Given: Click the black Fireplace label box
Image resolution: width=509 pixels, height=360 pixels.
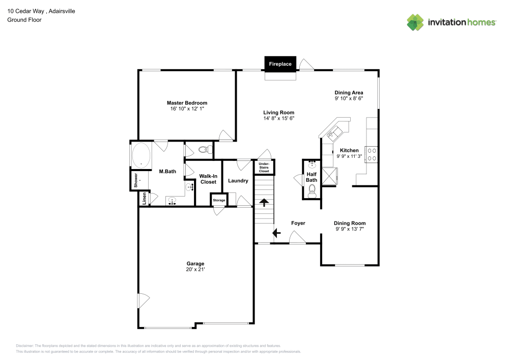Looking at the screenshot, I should click(x=280, y=64).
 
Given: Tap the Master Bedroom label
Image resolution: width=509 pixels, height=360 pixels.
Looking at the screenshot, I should click(x=187, y=103).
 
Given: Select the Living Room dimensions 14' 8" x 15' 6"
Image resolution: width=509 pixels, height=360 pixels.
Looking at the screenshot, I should click(x=278, y=118).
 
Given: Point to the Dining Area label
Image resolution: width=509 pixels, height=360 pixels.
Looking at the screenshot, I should click(x=349, y=92).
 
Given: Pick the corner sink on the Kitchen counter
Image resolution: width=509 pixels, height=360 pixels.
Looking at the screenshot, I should click(x=331, y=133).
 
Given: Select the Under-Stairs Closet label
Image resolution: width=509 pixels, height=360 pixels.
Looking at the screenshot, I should click(x=264, y=167).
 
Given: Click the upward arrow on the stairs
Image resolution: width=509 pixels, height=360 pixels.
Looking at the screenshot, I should click(x=264, y=203).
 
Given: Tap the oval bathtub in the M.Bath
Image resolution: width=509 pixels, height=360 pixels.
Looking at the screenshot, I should click(x=141, y=155).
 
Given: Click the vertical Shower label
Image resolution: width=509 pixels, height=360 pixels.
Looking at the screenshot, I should click(x=136, y=180).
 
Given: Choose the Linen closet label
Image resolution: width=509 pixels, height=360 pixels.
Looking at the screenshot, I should click(x=144, y=199).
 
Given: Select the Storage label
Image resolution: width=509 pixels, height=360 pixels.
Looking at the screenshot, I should click(x=219, y=200).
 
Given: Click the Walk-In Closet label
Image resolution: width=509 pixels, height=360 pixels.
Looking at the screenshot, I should click(x=208, y=178).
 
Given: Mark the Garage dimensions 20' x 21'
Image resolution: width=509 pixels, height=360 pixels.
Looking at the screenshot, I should click(x=195, y=269).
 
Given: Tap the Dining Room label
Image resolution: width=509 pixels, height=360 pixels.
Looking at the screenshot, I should click(x=350, y=223).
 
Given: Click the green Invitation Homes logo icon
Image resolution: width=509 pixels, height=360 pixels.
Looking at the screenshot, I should click(x=415, y=22).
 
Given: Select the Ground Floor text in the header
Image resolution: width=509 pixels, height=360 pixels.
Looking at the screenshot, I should click(x=24, y=20).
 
